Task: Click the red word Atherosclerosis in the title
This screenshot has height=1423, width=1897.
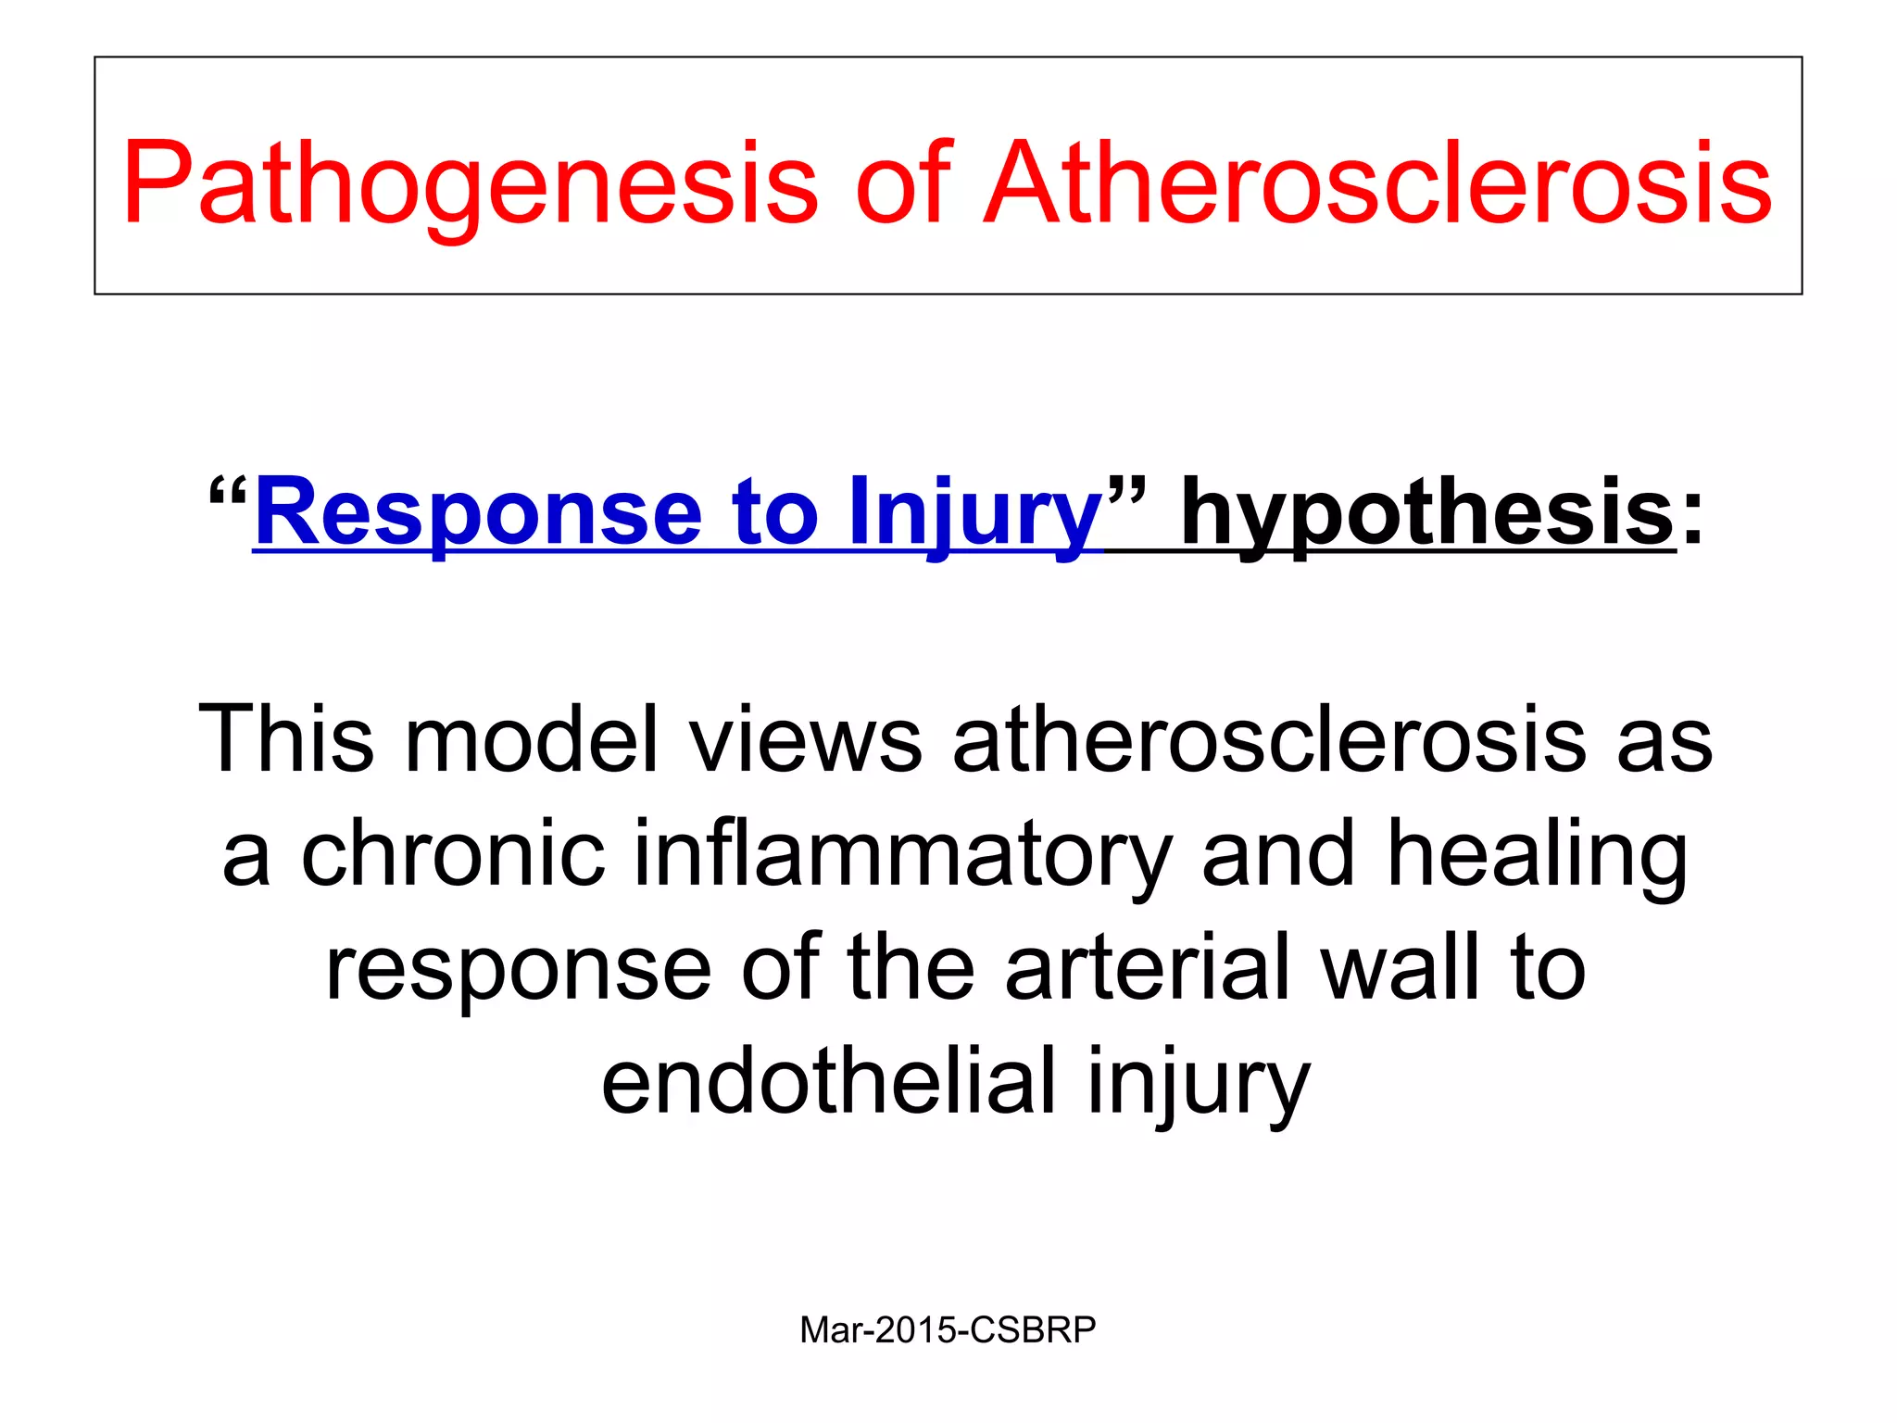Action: pos(1377,183)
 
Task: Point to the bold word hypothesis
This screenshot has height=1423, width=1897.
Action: pos(1427,512)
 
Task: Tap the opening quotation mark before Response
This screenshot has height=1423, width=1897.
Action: pos(227,491)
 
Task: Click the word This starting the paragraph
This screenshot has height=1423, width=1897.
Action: pos(286,738)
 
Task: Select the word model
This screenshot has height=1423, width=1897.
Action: pos(532,738)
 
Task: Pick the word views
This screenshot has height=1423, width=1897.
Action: pos(806,738)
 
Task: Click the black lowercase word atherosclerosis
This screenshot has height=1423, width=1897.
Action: pos(1269,738)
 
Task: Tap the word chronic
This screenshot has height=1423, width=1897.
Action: pos(453,853)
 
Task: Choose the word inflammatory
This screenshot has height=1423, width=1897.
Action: pos(903,853)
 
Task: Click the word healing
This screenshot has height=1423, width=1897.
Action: pos(1537,853)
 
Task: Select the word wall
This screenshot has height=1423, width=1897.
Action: pos(1400,967)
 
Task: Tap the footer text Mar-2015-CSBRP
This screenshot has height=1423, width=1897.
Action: pos(948,1329)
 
